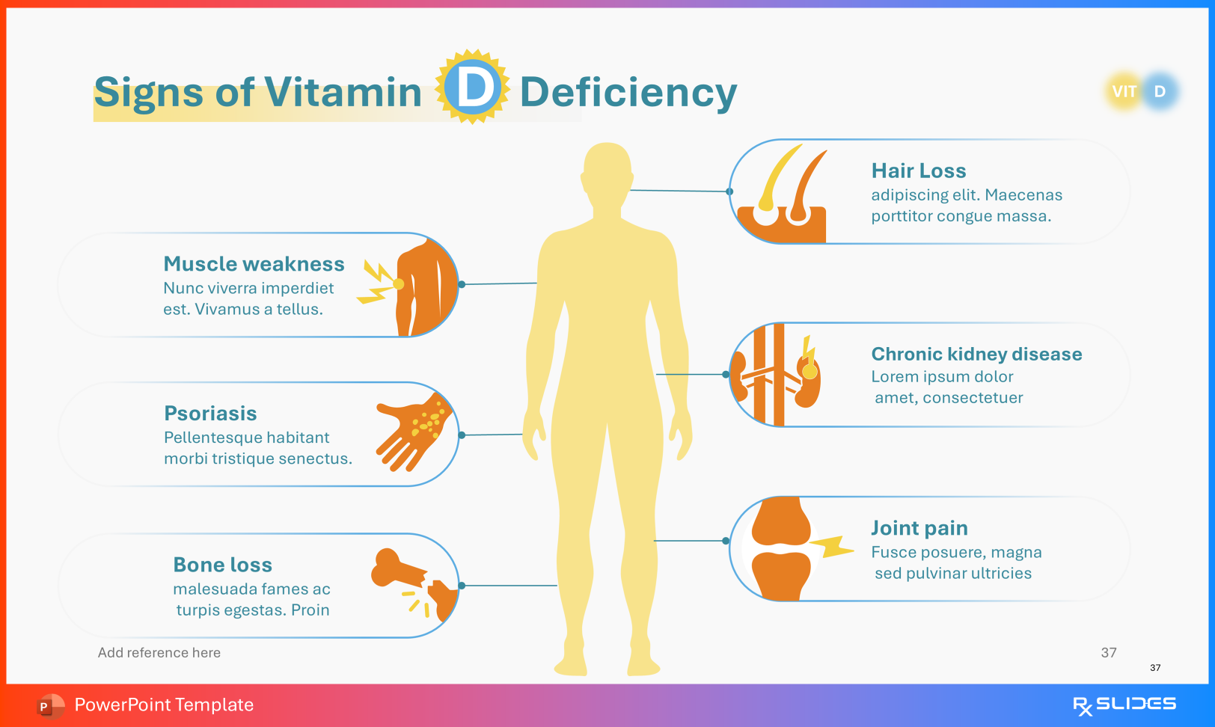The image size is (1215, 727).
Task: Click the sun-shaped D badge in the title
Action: [x=473, y=88]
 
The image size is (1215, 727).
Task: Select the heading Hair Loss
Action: [x=918, y=171]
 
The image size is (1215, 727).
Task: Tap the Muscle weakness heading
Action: [x=254, y=264]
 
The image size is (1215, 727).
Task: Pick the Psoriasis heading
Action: [x=210, y=414]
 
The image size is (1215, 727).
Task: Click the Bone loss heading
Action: [x=222, y=565]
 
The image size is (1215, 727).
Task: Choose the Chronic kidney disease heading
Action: [x=976, y=354]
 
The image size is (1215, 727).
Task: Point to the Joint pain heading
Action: [x=919, y=528]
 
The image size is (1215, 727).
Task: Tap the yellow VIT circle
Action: [x=1124, y=91]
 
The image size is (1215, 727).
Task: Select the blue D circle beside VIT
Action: [x=1160, y=91]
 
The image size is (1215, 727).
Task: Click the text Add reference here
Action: [x=159, y=652]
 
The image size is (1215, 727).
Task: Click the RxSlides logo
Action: [x=1124, y=705]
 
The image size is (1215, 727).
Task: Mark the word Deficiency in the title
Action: [x=628, y=92]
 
